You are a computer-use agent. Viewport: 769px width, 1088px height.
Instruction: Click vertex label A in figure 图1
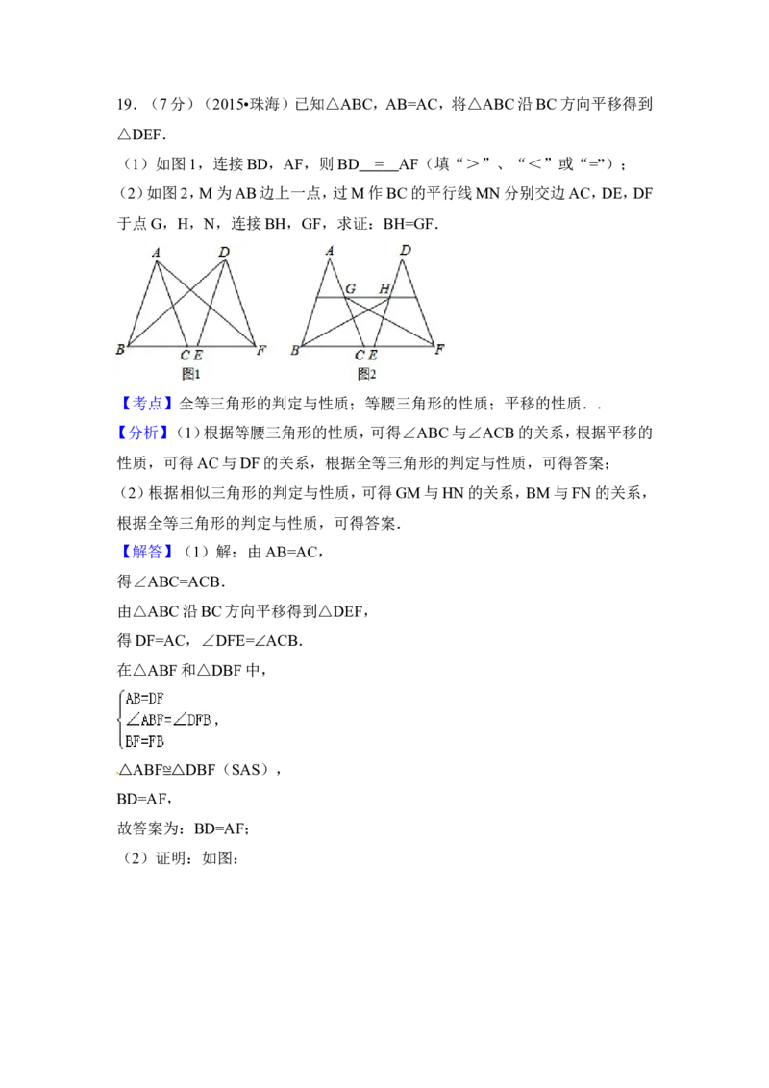point(155,253)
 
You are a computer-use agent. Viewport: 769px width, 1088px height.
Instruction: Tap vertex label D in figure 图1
point(224,252)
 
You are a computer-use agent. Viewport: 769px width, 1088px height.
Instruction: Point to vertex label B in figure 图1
point(121,349)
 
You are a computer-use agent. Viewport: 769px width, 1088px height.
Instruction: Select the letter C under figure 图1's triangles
point(185,356)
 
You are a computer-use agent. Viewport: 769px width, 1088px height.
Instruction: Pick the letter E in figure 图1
point(197,356)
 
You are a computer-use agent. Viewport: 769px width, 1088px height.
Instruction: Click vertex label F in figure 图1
point(260,350)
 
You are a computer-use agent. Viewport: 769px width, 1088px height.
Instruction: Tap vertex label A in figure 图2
point(330,252)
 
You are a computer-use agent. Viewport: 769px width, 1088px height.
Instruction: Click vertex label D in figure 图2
point(406,251)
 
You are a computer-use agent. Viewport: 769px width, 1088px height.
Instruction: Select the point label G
point(351,288)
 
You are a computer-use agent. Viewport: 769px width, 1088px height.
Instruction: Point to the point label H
point(384,288)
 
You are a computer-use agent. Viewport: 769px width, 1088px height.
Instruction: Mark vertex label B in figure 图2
point(295,351)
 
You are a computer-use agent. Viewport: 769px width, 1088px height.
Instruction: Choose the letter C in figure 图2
point(360,356)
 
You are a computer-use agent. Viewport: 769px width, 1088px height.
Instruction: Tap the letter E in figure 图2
point(372,356)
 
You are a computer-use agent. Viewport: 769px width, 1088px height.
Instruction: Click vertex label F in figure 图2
point(438,350)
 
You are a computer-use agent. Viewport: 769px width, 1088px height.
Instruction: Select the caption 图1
point(190,373)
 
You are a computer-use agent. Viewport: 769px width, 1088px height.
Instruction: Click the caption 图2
point(366,373)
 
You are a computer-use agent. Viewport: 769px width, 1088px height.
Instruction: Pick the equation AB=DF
point(146,699)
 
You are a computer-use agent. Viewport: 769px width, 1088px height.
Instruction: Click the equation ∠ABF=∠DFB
point(168,719)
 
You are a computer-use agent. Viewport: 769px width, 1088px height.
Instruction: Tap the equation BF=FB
point(145,740)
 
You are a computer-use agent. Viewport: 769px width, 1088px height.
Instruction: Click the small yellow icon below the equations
point(119,772)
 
